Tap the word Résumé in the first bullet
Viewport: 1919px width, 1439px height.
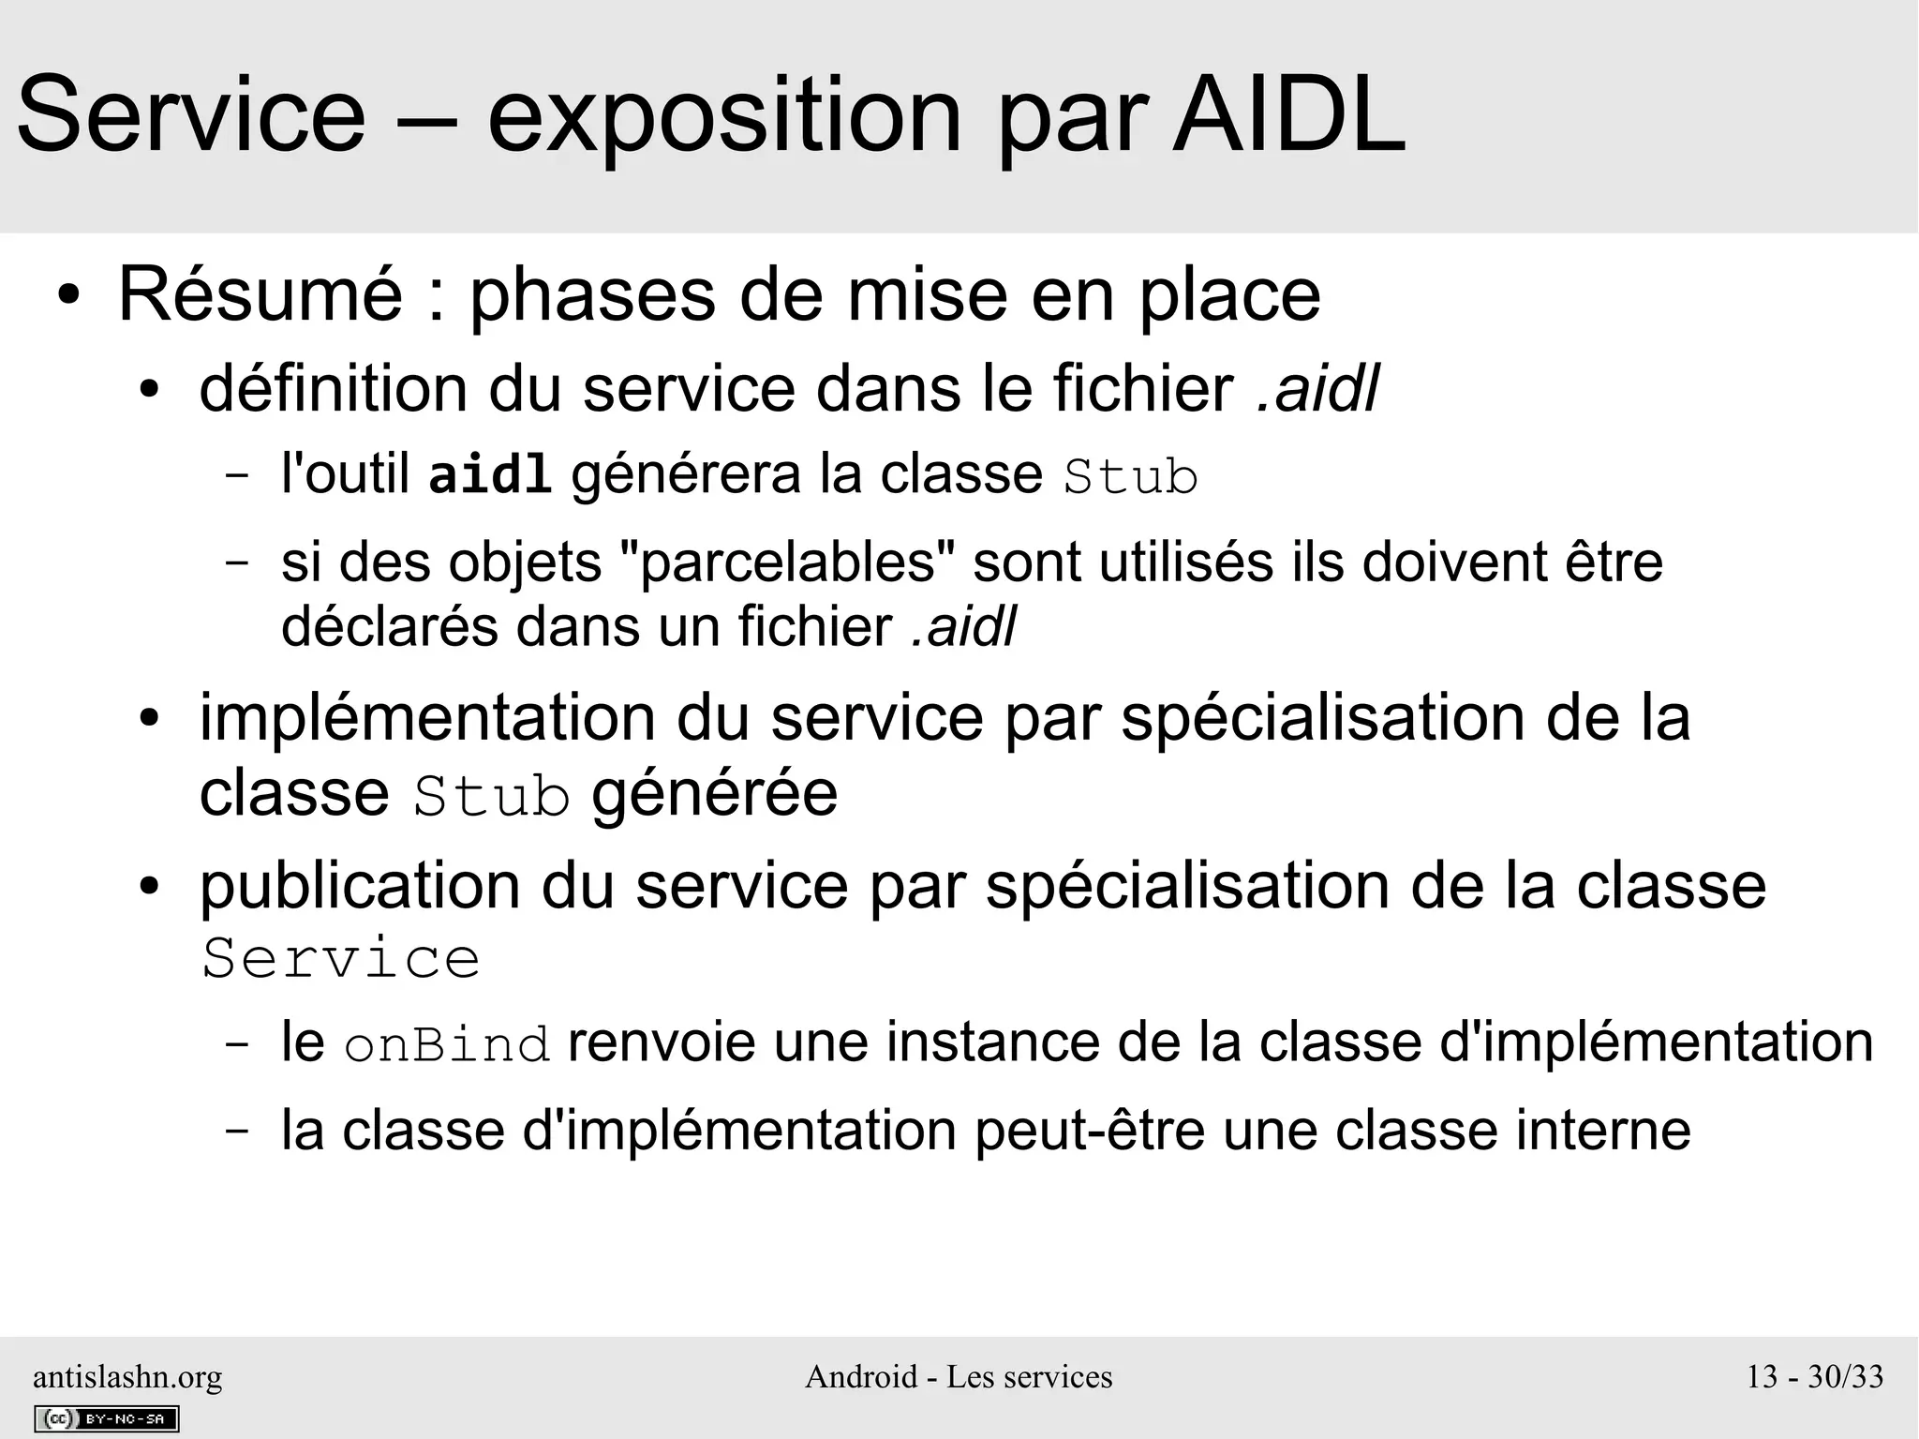coord(260,295)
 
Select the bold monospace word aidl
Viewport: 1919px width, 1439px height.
coord(489,475)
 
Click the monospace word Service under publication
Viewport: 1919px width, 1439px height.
coord(341,959)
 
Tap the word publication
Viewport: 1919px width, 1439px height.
coord(360,886)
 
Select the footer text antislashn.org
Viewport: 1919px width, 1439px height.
coord(127,1376)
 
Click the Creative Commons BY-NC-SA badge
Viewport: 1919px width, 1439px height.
coord(107,1418)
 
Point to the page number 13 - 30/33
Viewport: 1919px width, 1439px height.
coord(1814,1376)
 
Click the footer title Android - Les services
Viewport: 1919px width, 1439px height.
coord(959,1376)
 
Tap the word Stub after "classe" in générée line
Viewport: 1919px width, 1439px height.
coord(491,797)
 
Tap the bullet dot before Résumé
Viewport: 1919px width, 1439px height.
coord(67,297)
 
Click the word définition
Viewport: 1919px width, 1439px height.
coord(334,389)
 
